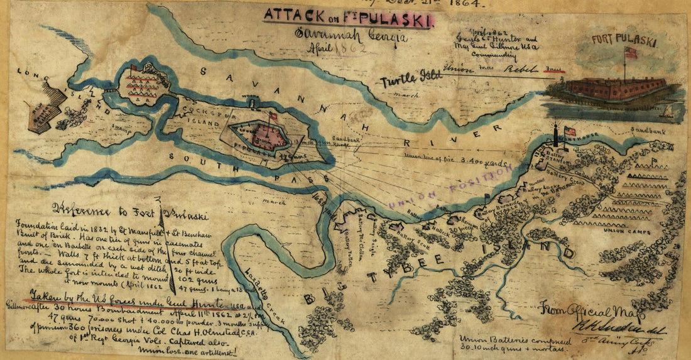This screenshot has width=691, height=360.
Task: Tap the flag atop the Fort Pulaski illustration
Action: (x=630, y=53)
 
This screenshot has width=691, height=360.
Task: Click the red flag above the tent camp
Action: (x=133, y=68)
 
